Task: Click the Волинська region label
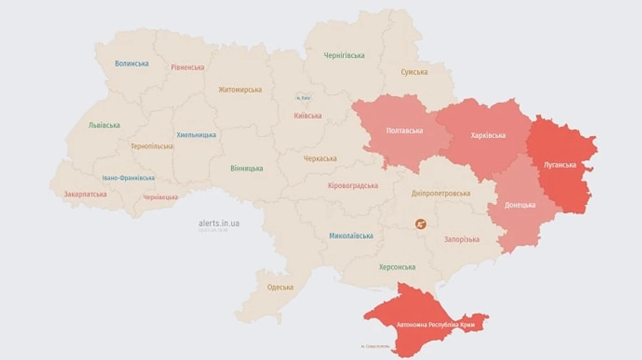click(132, 63)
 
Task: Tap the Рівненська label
click(188, 68)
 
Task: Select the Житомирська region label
click(240, 90)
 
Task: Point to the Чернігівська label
click(344, 56)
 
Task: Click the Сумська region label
click(414, 72)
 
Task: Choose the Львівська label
click(104, 125)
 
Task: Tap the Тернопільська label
click(152, 146)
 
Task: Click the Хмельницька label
click(196, 135)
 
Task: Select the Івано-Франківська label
click(128, 178)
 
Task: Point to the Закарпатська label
click(86, 194)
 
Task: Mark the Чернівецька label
click(160, 197)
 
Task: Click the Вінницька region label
click(247, 169)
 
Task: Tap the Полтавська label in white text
click(404, 130)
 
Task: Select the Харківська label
click(489, 135)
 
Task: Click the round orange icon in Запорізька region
click(422, 224)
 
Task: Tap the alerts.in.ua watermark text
click(219, 223)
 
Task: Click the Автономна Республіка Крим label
click(436, 325)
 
